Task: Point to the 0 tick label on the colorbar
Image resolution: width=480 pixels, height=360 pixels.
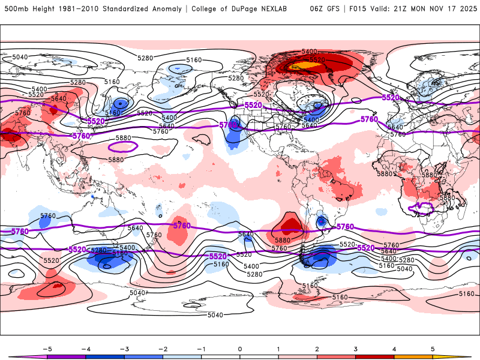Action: tap(240, 349)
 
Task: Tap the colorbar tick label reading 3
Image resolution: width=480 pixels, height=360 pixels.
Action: tap(356, 349)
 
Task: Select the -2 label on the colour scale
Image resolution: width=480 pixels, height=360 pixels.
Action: tap(163, 349)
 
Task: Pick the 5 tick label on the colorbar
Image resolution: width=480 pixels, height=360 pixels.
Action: tap(433, 349)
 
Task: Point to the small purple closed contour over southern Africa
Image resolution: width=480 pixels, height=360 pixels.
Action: tap(421, 209)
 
